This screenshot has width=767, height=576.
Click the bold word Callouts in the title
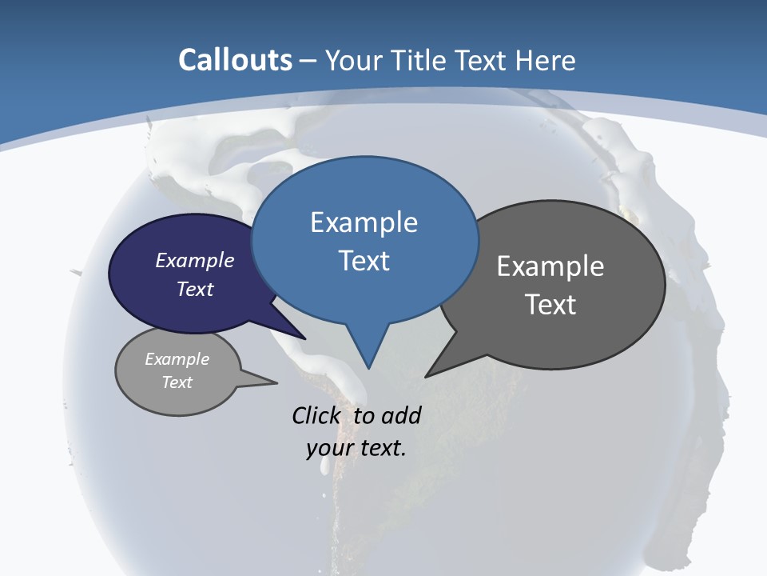[x=235, y=60]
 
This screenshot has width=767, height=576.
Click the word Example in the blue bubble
[x=364, y=222]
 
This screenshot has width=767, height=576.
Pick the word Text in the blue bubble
[x=364, y=260]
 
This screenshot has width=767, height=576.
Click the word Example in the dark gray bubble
[x=550, y=266]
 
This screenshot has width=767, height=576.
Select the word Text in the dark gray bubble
[x=550, y=304]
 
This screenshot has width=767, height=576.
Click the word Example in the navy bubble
[x=194, y=260]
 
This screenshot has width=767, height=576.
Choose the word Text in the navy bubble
[x=194, y=289]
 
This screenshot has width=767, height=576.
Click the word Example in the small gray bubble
[x=177, y=359]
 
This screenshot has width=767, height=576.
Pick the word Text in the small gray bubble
[x=177, y=382]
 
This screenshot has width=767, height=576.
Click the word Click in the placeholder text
[x=318, y=415]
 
